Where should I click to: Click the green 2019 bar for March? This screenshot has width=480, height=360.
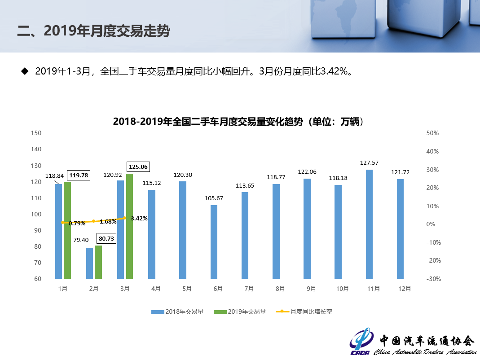point(129,226)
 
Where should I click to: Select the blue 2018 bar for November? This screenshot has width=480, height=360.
point(369,224)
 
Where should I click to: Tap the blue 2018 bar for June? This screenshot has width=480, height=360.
point(214,242)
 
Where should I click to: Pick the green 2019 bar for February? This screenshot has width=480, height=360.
point(98,262)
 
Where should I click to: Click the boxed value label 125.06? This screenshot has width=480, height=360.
point(138,167)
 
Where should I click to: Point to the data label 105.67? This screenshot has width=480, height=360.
point(214,198)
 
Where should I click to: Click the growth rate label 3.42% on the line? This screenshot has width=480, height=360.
point(139,219)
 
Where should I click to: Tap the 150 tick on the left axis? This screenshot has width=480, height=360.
point(36,133)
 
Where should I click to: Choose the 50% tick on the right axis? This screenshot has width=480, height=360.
point(433,133)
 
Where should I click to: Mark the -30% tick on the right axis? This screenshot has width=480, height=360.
point(432,279)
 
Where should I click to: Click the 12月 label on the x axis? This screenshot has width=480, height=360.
point(405,289)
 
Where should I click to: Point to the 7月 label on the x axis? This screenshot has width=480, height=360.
point(249,289)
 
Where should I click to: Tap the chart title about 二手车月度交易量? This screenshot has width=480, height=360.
point(238,122)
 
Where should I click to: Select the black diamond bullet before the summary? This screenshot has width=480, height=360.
point(25,71)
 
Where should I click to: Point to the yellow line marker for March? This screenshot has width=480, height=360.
point(125,218)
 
